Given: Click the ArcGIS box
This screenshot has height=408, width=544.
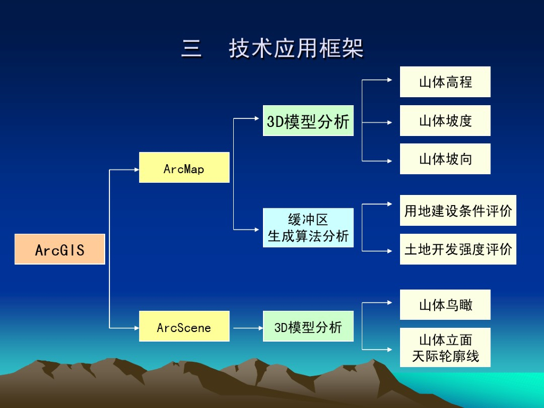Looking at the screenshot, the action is click(59, 249).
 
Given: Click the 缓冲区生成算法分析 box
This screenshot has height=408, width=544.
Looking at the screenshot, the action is click(308, 227).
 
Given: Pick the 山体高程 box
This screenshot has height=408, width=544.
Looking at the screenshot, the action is click(445, 82).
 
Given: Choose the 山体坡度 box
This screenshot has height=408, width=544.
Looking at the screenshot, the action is click(445, 121).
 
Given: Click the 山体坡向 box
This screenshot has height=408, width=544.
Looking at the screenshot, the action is click(445, 159).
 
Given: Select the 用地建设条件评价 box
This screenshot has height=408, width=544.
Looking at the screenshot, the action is click(458, 210).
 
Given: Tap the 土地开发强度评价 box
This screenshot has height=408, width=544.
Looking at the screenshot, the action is click(458, 249).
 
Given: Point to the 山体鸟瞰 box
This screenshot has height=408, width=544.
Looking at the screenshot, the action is click(445, 304).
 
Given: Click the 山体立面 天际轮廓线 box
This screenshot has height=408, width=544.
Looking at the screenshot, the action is click(445, 347).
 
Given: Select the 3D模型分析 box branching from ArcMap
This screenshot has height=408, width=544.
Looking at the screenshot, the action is click(308, 121).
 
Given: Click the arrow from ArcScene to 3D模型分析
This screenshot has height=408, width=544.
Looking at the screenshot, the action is click(246, 328).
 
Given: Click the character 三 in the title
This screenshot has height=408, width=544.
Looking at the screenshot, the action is click(191, 49).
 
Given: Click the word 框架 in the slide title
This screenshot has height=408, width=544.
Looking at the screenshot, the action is click(341, 49).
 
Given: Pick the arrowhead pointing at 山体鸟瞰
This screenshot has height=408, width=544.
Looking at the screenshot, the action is click(389, 303).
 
